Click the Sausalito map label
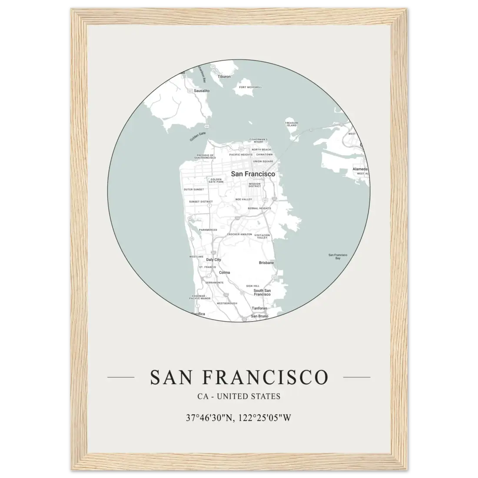[x=202, y=91]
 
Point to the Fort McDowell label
[x=251, y=87]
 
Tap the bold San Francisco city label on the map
[x=253, y=174]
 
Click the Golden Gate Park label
[x=216, y=181]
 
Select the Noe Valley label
[x=243, y=199]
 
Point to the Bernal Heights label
[x=259, y=208]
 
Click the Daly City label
[x=213, y=259]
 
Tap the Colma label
[x=224, y=272]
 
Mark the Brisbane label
[x=266, y=262]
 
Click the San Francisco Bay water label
[x=338, y=256]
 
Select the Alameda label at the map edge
[x=360, y=169]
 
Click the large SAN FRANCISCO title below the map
[x=239, y=377]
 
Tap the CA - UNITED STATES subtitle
[x=239, y=396]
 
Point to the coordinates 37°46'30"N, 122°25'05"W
[x=239, y=418]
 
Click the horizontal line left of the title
[x=120, y=377]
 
